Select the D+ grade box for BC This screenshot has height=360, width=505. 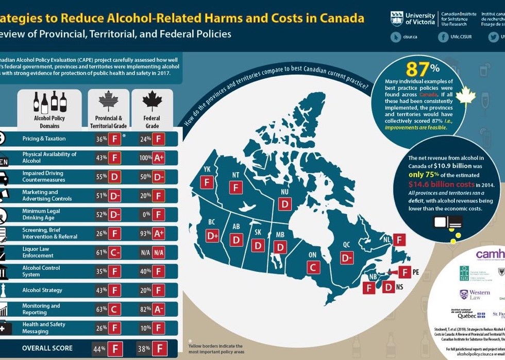click(212, 236)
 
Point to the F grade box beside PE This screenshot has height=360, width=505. click(406, 272)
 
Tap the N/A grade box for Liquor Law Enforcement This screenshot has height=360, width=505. click(159, 253)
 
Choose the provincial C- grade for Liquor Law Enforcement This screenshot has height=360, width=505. click(114, 253)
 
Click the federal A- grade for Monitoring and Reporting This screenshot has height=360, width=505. click(159, 308)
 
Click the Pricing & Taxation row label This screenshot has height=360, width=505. click(44, 139)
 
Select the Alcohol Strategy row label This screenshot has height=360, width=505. click(42, 290)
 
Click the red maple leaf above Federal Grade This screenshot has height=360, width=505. click(152, 101)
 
